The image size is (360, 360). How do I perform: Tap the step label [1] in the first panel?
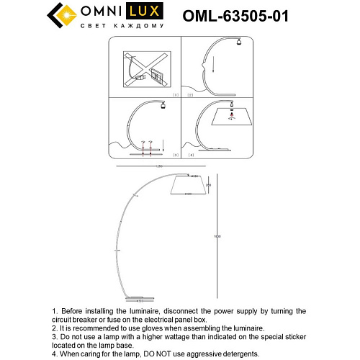tap(175, 94)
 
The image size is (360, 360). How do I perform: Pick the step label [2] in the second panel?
tap(190, 94)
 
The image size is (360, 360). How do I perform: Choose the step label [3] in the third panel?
tap(175, 155)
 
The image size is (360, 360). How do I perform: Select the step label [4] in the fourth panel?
tap(190, 155)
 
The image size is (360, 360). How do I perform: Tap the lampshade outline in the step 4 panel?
tap(231, 125)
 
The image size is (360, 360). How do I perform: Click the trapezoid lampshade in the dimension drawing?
tap(187, 186)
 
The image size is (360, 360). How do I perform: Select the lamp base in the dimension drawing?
tap(137, 298)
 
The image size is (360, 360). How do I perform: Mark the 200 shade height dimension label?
tap(208, 184)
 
